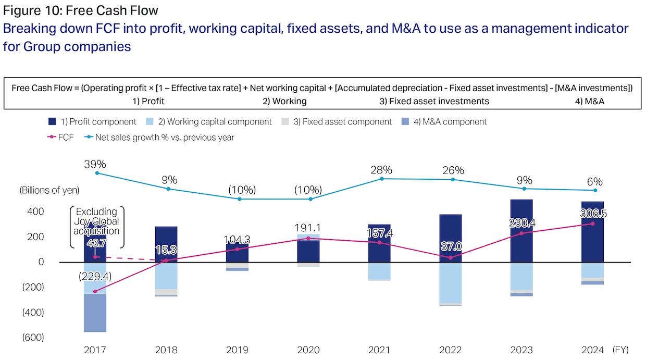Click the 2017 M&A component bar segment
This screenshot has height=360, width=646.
(x=95, y=313)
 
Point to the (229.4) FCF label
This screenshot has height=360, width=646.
(x=94, y=277)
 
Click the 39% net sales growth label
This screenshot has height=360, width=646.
(x=95, y=164)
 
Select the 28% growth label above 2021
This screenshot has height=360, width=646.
(x=381, y=170)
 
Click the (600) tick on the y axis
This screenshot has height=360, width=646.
(x=32, y=338)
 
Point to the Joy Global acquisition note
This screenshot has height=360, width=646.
(x=97, y=221)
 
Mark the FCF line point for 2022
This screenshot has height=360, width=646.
(x=451, y=257)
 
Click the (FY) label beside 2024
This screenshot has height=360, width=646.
(x=623, y=350)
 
